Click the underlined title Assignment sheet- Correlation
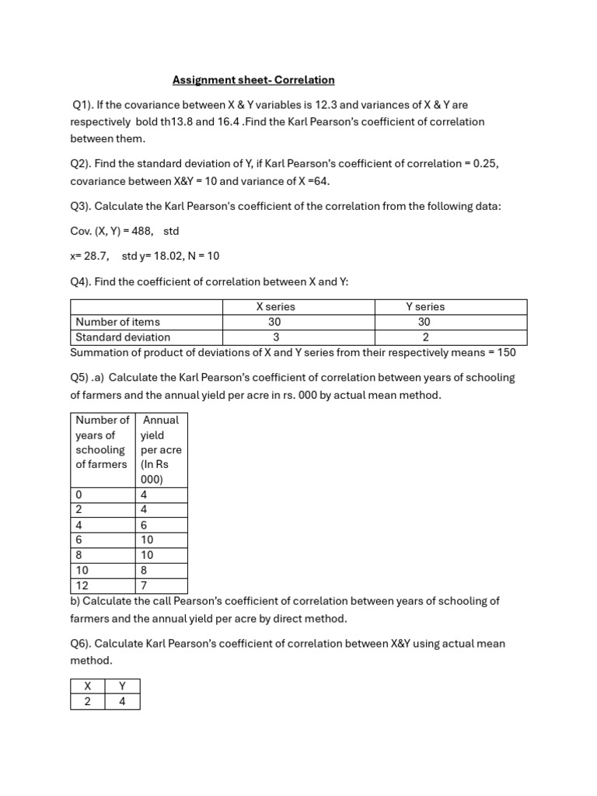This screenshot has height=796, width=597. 253,79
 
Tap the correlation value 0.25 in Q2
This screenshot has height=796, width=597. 485,164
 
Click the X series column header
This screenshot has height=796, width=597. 275,307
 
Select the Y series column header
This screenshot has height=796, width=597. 425,307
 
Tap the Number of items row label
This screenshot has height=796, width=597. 118,322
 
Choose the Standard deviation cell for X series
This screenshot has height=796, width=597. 275,337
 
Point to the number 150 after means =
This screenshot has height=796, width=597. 507,352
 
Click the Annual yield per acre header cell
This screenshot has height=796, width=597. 161,449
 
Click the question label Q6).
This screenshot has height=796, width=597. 82,644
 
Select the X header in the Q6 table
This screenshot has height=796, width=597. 87,686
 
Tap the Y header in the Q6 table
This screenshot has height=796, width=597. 122,686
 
